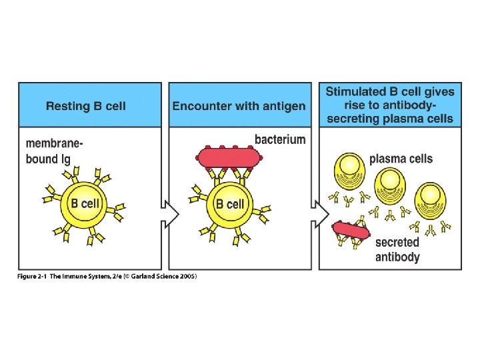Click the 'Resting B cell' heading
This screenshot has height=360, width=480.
pos(85,105)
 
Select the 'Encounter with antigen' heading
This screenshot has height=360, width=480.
pos(239,105)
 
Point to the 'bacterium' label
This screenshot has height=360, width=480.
pos(280,140)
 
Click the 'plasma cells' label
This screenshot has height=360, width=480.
pos(401,159)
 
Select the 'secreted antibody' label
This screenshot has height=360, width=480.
pos(397,250)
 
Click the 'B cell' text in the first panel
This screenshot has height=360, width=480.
pos(85,203)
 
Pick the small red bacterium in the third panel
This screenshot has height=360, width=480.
pos(350,230)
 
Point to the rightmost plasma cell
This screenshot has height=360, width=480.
pos(431,198)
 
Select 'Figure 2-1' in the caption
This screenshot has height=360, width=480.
pos(33,277)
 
